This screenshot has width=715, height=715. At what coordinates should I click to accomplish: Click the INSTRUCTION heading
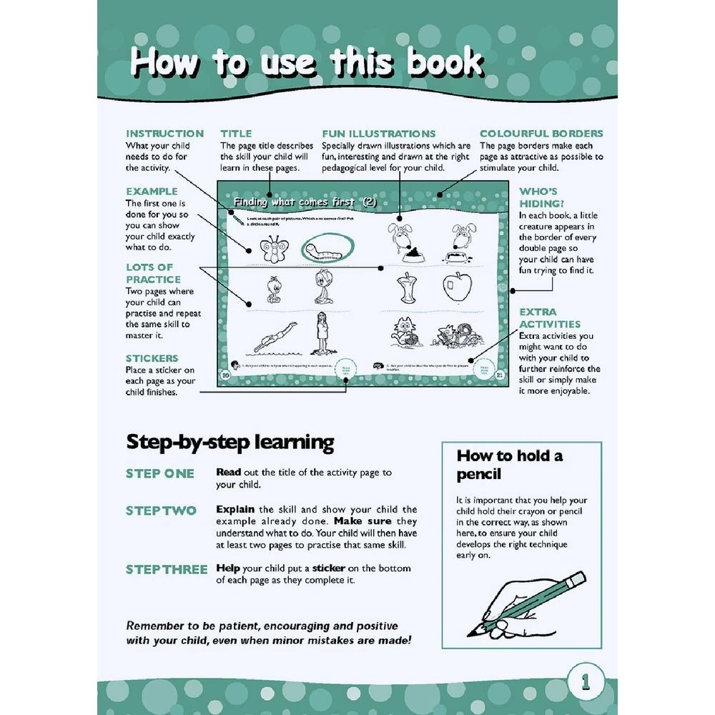164,134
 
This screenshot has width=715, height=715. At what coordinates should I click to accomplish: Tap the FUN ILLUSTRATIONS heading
378,134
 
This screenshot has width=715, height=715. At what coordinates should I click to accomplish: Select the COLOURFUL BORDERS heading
541,134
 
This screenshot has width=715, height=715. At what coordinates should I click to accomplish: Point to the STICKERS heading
152,358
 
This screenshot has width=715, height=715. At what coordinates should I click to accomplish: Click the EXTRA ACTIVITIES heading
550,318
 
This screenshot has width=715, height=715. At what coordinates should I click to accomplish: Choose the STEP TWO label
161,511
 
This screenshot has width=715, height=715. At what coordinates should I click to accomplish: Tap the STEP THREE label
167,569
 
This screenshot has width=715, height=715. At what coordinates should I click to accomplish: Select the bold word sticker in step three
329,568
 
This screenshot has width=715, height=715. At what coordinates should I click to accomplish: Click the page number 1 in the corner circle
586,681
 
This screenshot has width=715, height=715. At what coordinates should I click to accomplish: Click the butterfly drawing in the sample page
273,247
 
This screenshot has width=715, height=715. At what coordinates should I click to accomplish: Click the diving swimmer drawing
266,337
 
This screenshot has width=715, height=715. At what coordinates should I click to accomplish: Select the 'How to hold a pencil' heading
510,465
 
